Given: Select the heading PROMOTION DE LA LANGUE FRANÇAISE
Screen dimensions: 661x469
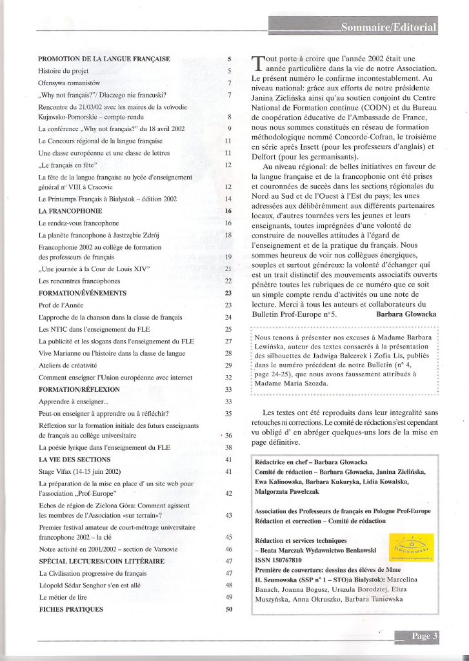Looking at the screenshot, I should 104,59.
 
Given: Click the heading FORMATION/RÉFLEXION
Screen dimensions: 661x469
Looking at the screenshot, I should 79,390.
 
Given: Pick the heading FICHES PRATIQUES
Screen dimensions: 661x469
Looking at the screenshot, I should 71,609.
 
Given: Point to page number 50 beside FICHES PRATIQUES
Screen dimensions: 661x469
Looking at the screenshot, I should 228,609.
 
